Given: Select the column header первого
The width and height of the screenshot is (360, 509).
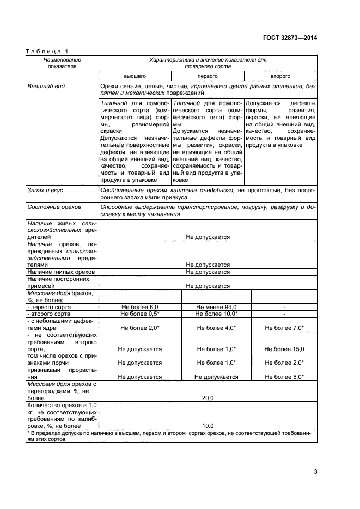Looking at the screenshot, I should (x=208, y=76).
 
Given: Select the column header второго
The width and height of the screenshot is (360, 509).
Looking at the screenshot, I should (x=280, y=76).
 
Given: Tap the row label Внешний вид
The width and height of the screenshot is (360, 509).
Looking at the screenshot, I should (x=46, y=87).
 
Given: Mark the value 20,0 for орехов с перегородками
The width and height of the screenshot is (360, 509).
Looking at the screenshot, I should (x=208, y=398).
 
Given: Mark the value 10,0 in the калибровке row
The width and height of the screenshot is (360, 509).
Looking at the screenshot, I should (x=208, y=426).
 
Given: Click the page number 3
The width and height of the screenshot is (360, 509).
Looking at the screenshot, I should (x=315, y=471).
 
